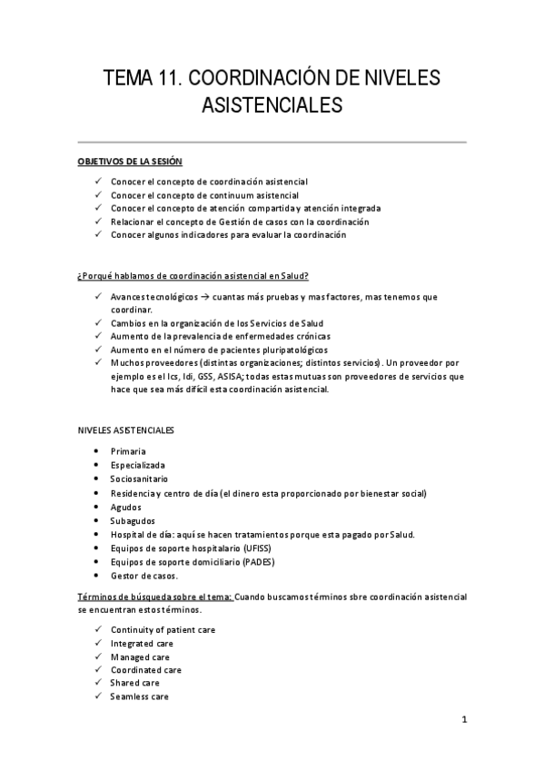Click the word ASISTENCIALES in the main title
pyautogui.click(x=272, y=106)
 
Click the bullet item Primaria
pyautogui.click(x=128, y=450)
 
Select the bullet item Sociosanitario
pyautogui.click(x=139, y=479)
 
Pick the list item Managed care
pyautogui.click(x=140, y=656)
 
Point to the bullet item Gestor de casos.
pyautogui.click(x=144, y=576)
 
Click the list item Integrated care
pyautogui.click(x=142, y=643)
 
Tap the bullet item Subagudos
pyautogui.click(x=133, y=520)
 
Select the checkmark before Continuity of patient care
pyautogui.click(x=97, y=629)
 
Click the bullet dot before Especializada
pyautogui.click(x=97, y=465)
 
